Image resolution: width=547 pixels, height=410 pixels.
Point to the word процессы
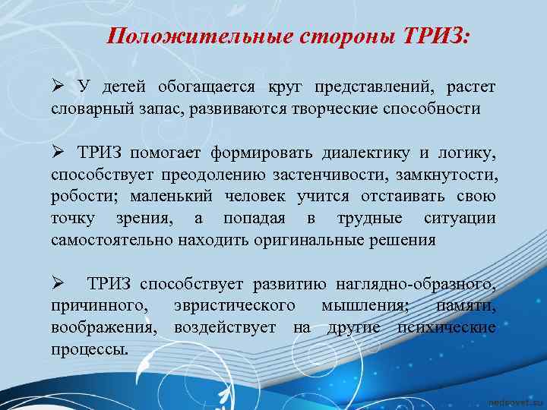pyautogui.click(x=90, y=349)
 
